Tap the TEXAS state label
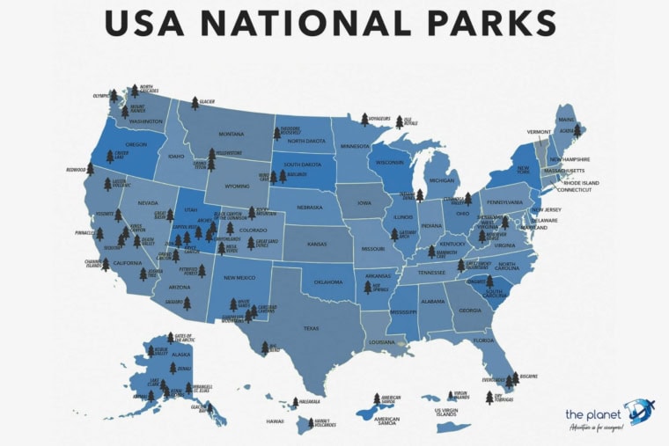click(x=311, y=328)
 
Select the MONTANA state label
click(x=231, y=134)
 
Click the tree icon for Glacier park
click(x=195, y=104)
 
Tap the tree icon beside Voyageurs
click(x=364, y=120)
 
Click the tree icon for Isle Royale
click(x=399, y=122)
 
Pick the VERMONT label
click(x=539, y=132)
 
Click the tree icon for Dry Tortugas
click(x=489, y=398)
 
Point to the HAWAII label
click(x=276, y=421)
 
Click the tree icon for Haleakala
click(x=292, y=403)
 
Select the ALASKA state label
click(x=180, y=355)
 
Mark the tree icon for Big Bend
click(x=264, y=348)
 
